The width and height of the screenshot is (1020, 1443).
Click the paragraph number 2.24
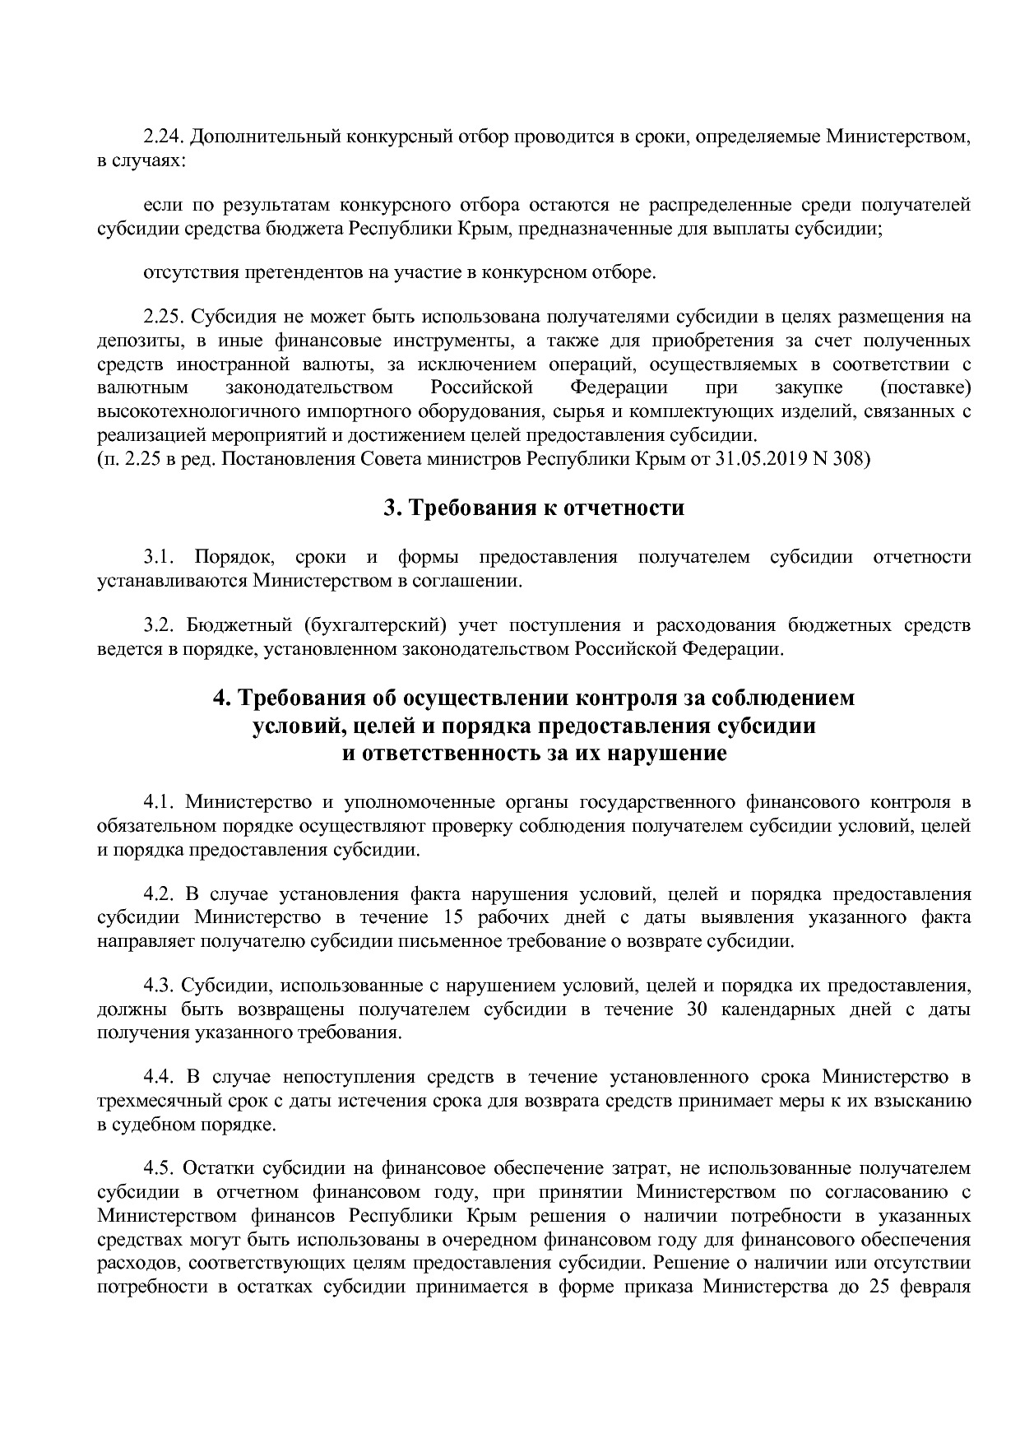[161, 137]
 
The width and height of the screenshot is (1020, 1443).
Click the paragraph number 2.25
[161, 317]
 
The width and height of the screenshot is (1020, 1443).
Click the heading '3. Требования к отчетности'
[534, 508]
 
